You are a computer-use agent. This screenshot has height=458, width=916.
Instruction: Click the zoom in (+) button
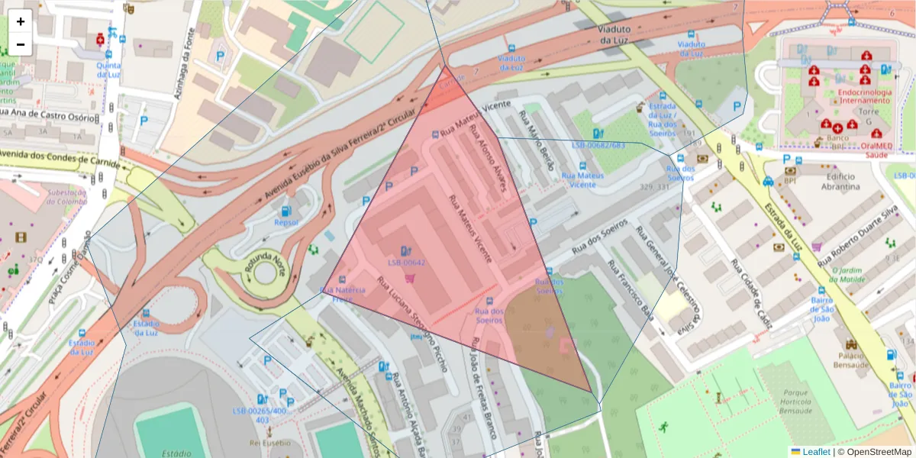point(21,21)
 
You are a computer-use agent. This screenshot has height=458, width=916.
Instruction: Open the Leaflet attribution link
point(815,452)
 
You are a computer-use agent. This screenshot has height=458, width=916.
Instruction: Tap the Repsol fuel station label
point(285,223)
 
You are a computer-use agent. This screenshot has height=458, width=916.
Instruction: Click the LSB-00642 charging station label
point(406,263)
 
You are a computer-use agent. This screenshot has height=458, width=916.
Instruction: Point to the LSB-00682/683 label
point(598,145)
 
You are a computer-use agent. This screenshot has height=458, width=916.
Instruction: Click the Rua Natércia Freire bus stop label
point(343,295)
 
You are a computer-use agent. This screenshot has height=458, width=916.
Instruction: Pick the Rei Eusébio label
point(267,442)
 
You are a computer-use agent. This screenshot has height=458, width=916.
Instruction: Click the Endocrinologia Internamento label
point(864,96)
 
